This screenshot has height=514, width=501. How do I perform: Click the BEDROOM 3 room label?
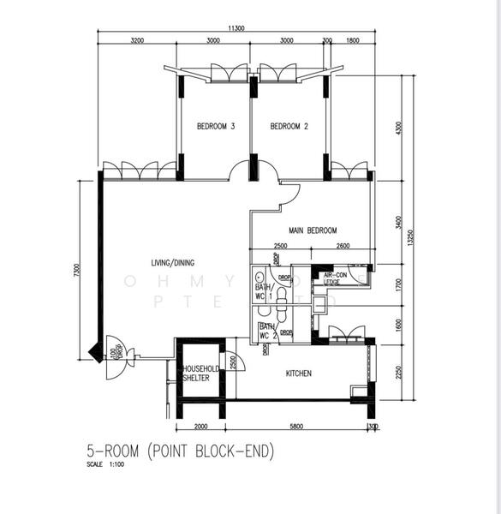216,127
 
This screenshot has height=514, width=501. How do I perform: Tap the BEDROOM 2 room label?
289,127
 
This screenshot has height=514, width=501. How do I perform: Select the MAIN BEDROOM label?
313,230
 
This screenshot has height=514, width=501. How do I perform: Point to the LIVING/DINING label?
170,262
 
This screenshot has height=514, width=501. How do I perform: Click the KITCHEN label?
298,374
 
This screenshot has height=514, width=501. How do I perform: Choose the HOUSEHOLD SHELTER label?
200,374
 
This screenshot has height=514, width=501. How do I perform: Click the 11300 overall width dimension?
236,28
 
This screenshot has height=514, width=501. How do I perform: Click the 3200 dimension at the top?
137,39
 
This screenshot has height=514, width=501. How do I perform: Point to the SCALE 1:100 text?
106,465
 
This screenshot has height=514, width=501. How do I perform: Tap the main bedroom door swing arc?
289,196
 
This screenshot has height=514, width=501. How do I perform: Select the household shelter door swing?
233,363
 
